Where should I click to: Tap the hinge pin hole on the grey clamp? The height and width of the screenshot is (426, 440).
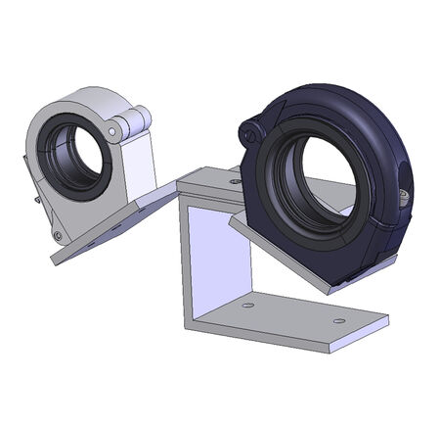pyautogui.click(x=113, y=127)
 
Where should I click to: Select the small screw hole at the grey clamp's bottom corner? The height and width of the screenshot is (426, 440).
pyautogui.click(x=58, y=235)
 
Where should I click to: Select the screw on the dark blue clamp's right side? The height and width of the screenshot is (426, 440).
pyautogui.click(x=403, y=194)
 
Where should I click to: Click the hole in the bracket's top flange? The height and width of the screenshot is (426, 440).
pyautogui.click(x=235, y=181)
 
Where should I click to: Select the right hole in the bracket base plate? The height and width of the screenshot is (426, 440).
pyautogui.click(x=338, y=320)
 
